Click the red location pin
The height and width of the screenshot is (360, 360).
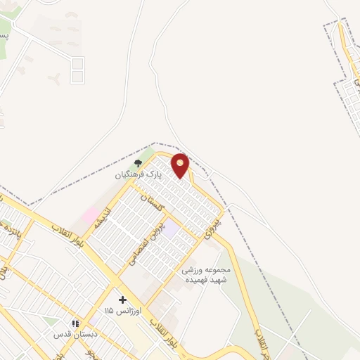(181, 165)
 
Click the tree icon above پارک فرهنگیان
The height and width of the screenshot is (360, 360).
(138, 163)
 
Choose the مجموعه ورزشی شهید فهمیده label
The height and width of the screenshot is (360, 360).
(207, 274)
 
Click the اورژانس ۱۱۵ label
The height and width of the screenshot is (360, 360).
(123, 310)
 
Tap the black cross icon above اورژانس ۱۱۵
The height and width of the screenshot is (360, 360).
(122, 300)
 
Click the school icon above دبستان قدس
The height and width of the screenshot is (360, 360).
(75, 323)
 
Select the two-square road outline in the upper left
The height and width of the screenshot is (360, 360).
(77, 70)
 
